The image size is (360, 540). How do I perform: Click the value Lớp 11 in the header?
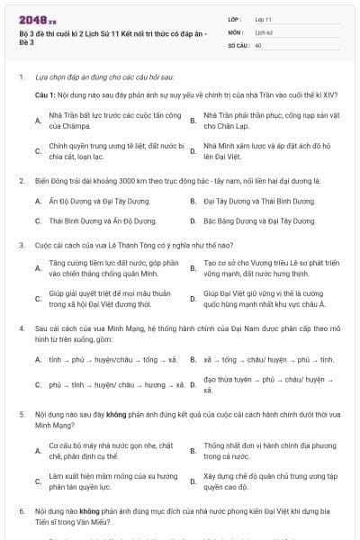click(x=265, y=18)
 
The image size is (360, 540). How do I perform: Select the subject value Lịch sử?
click(x=266, y=31)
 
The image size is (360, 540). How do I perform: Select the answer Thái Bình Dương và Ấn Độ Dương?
click(x=92, y=220)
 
